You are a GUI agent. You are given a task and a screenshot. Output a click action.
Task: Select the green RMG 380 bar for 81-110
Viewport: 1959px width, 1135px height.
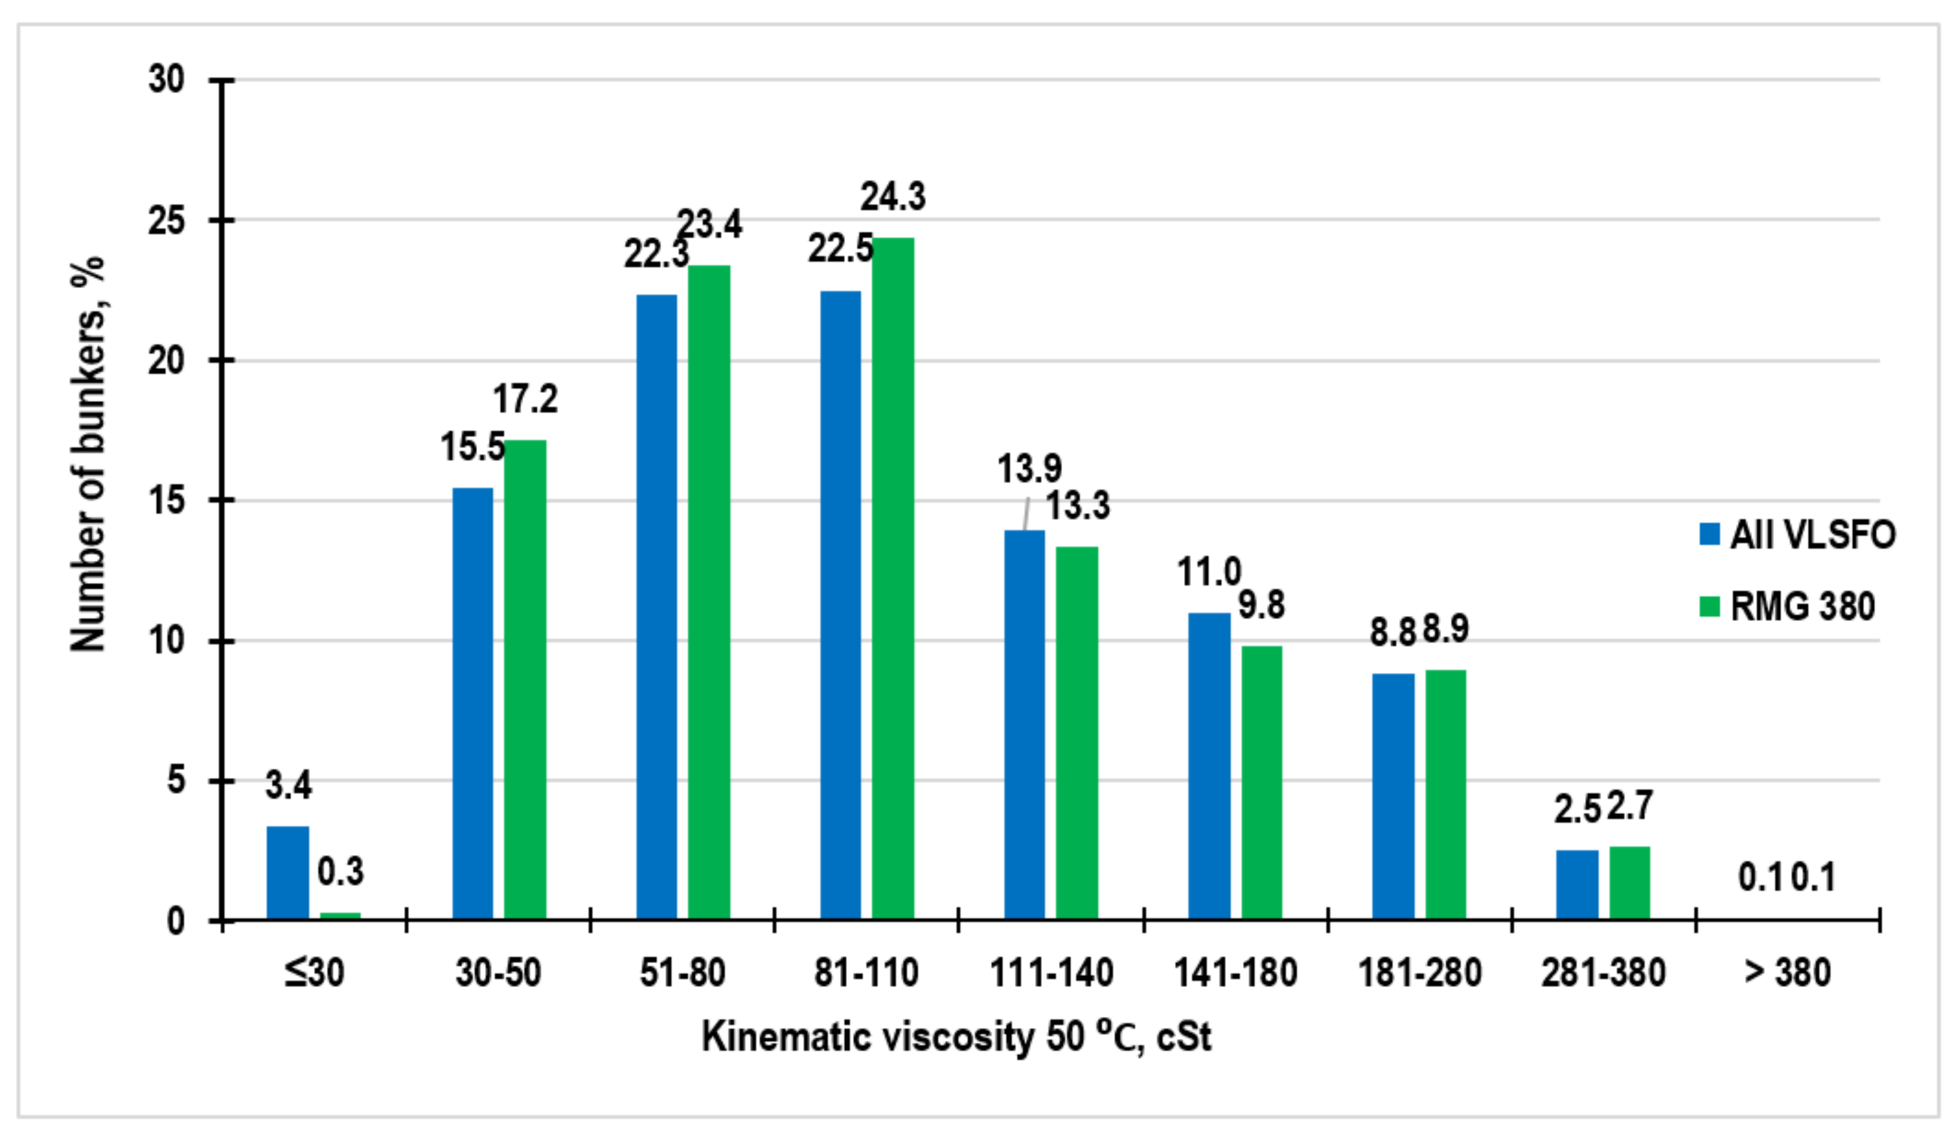pos(892,579)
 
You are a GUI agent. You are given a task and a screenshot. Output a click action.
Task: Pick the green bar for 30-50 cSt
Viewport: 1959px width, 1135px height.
pos(525,680)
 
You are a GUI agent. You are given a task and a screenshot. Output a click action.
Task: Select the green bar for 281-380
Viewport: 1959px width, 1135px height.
pos(1629,883)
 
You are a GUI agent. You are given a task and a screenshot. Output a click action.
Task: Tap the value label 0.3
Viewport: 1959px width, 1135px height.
pos(340,872)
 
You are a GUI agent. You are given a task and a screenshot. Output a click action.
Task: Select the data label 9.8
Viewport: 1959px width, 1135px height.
pos(1261,605)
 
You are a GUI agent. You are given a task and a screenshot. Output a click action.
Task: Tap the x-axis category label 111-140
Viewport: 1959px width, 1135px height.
pos(1051,973)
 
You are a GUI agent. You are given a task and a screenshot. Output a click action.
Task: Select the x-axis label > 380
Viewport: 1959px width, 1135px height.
pos(1787,973)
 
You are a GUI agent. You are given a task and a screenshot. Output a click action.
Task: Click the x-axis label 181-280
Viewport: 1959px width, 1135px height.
pos(1419,973)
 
